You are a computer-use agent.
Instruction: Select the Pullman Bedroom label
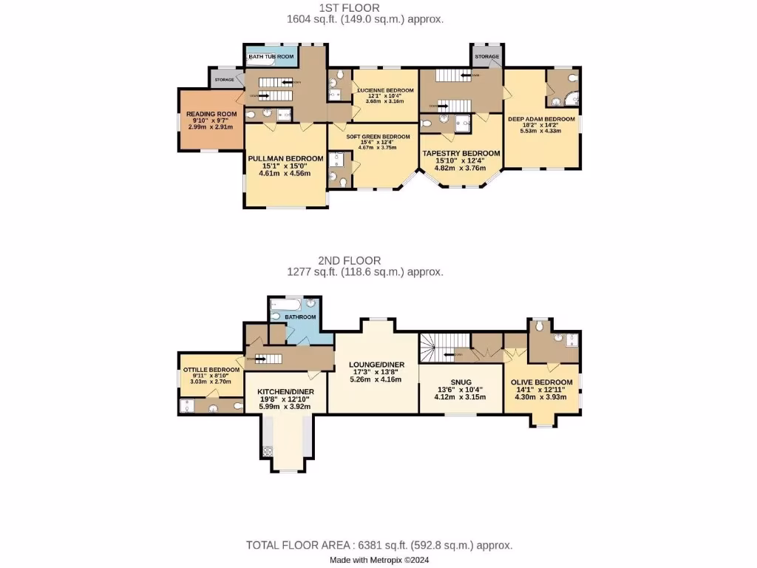point(285,159)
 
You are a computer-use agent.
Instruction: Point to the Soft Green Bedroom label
point(378,137)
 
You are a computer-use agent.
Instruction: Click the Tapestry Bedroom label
point(461,153)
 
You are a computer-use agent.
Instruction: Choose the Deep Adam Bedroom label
point(540,118)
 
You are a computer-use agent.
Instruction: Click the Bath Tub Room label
point(271,56)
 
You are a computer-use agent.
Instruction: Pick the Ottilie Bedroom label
point(211,370)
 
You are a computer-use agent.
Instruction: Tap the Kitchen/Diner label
point(285,392)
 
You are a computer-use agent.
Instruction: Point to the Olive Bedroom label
point(542,382)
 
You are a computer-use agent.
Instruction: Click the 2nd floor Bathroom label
point(300,317)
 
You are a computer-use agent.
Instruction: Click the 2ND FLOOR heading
point(350,260)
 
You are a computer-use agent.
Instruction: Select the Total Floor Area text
point(378,545)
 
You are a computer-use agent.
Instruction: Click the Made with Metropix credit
point(378,560)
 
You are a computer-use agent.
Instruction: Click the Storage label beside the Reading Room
point(224,79)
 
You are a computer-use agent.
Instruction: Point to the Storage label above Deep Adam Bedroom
point(486,56)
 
